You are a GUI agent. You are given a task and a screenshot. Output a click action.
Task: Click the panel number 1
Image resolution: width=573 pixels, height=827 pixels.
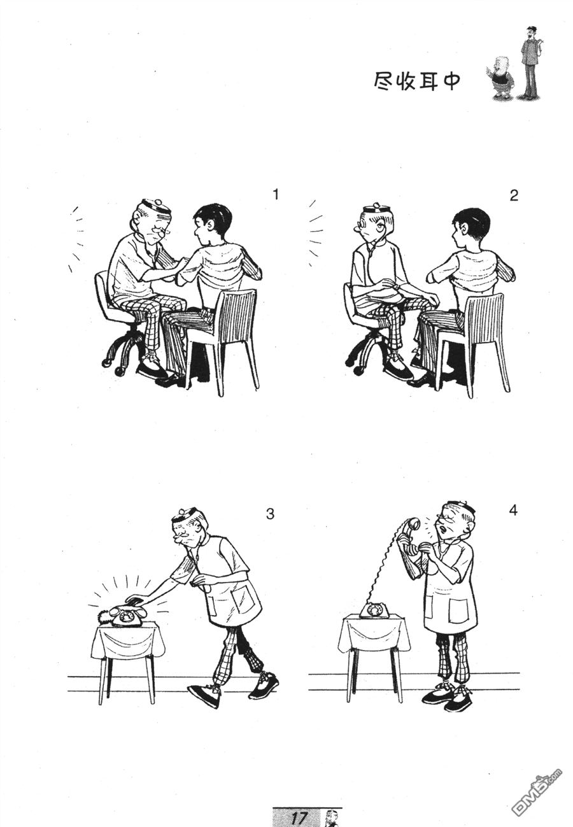pos(275,195)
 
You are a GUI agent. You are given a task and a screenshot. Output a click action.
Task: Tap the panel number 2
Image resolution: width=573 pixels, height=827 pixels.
pos(514,196)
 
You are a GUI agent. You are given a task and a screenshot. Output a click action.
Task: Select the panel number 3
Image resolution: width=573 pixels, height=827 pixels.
pos(270,514)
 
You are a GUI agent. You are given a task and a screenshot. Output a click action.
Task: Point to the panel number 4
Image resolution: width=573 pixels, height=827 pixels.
pos(514,510)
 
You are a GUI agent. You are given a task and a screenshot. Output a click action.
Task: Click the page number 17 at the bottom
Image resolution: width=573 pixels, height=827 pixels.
pos(298,817)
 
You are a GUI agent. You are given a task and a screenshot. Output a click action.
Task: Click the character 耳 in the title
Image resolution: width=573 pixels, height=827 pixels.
pos(428,81)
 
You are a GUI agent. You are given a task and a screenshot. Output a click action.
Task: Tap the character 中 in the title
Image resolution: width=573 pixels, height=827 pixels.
pos(451,81)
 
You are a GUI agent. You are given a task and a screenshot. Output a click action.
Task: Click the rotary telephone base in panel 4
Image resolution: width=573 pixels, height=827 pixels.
pos(374,610)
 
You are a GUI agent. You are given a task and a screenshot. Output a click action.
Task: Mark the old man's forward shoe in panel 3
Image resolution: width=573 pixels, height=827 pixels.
pos(204,695)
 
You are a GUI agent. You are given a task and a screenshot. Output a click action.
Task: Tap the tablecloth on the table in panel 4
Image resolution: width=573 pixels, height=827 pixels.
pos(374,633)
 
